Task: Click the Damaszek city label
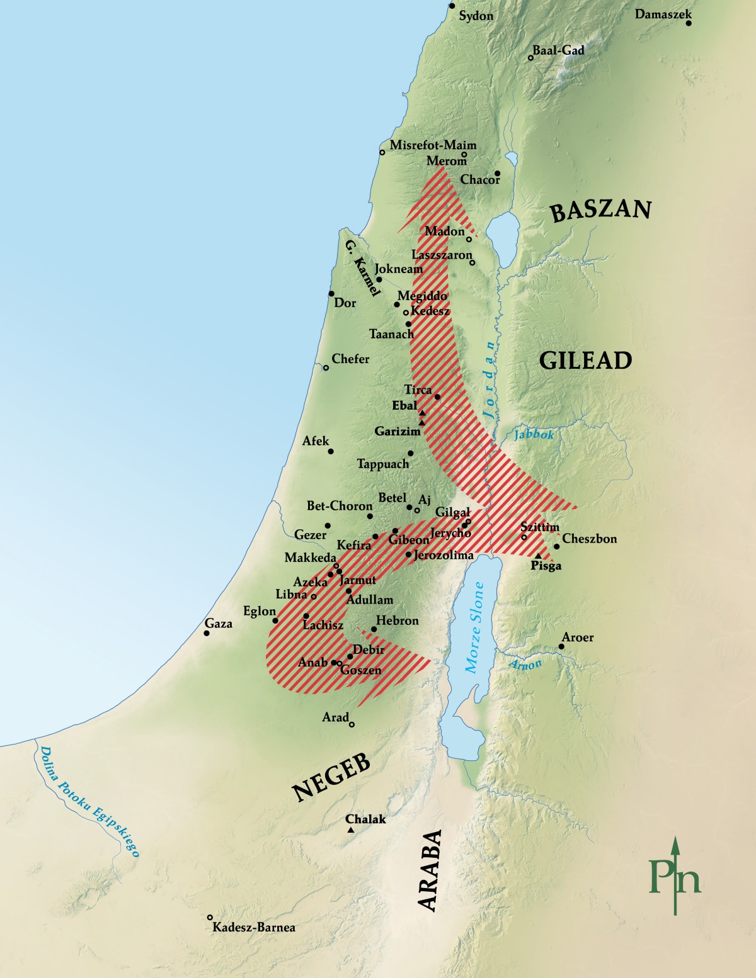tap(663, 14)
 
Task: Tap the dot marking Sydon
tap(452, 6)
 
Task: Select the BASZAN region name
tap(600, 210)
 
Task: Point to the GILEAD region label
tap(585, 361)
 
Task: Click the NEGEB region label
tap(331, 778)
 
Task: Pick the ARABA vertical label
tap(430, 870)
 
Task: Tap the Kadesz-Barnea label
tap(253, 927)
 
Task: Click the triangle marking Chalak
tap(351, 831)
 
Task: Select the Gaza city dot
tap(207, 632)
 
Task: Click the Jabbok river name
tap(534, 434)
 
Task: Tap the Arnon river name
tap(525, 664)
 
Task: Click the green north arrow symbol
tap(675, 875)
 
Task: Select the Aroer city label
tap(578, 638)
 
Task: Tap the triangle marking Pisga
tap(537, 556)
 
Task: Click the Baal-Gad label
tap(558, 50)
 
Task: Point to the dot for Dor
tap(331, 294)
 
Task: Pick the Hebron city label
tap(397, 621)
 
